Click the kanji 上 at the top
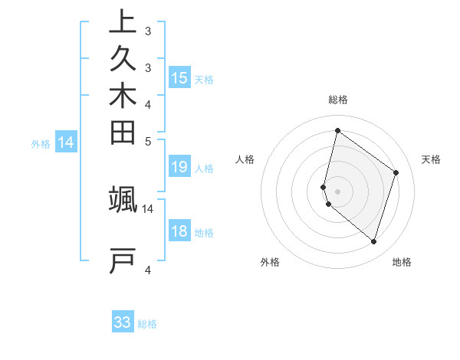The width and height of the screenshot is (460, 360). tap(123, 21)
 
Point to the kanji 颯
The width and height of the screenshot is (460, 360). tap(123, 198)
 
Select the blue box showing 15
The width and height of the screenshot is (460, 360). tap(179, 77)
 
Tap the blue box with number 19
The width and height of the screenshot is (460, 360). tap(179, 168)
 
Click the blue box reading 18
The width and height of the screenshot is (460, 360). tap(179, 232)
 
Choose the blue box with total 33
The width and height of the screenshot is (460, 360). tap(123, 322)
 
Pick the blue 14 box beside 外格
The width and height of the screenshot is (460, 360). tap(66, 142)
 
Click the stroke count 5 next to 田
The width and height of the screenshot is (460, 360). tap(148, 141)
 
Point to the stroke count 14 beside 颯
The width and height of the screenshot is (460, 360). tap(148, 208)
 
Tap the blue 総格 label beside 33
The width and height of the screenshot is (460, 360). tap(147, 324)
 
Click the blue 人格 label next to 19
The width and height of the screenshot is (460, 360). tap(204, 169)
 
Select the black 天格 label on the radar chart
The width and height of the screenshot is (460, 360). tap(431, 159)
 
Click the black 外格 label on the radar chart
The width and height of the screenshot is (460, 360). tap(270, 263)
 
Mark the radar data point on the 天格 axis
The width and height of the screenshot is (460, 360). tap(396, 172)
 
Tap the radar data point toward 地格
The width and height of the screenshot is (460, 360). tap(373, 242)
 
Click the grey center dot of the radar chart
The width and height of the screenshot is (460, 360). tap(337, 191)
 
